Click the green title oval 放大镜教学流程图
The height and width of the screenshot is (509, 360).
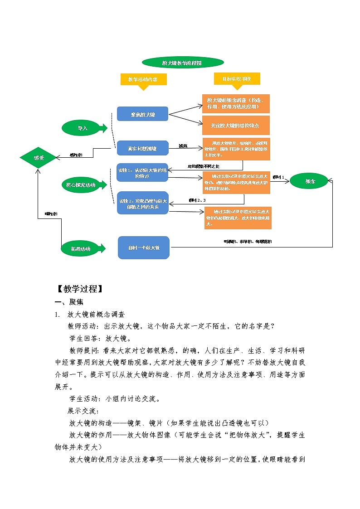(x=182, y=63)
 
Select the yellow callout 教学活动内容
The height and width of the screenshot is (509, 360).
(x=143, y=79)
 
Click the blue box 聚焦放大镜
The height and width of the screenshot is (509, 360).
(x=142, y=114)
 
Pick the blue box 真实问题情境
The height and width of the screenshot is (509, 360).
(x=142, y=148)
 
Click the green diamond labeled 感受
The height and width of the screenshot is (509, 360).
(x=38, y=158)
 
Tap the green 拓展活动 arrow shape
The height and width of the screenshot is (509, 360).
(x=83, y=248)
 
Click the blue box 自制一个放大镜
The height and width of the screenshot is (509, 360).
(x=143, y=247)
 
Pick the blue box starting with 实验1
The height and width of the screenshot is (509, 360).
(x=142, y=173)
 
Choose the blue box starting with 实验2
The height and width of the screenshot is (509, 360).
(x=142, y=203)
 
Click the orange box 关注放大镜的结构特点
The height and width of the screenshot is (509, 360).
(x=236, y=125)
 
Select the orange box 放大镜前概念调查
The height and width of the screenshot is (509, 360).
(x=236, y=103)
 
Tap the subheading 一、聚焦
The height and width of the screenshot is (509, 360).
(x=68, y=302)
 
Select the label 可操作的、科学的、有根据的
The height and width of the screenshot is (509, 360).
(x=248, y=242)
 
